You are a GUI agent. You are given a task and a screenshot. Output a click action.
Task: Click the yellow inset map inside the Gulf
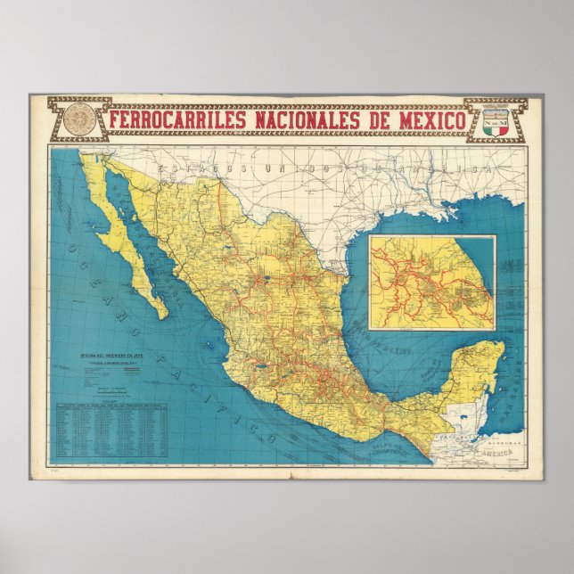point(432,282)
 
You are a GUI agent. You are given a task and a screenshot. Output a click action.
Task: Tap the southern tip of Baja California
point(162,314)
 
